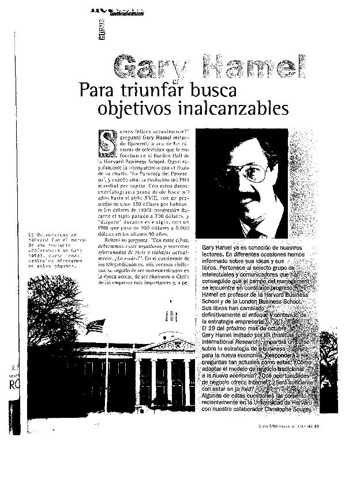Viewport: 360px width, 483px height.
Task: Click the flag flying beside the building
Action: [x=93, y=327]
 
